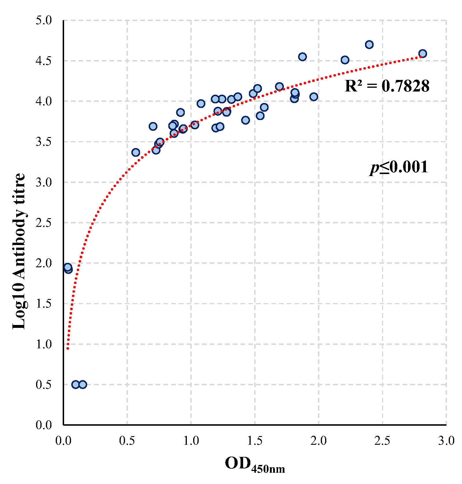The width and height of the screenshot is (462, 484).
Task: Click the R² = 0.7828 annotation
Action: (387, 86)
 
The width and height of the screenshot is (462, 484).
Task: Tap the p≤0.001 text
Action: (399, 167)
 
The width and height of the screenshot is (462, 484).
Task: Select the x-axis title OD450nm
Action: (255, 464)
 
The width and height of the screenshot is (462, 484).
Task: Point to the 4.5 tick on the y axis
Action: (44, 61)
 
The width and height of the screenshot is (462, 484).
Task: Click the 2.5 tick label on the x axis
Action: (382, 441)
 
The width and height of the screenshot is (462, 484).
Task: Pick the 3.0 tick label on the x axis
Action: (446, 441)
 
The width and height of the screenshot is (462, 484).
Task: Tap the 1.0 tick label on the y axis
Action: (44, 344)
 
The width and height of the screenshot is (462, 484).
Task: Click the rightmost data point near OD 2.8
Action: (422, 54)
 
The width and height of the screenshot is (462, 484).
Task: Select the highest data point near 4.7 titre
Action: (369, 45)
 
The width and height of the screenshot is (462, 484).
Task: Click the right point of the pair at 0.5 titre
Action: (83, 384)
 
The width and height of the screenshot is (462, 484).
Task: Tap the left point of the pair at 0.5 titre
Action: (76, 384)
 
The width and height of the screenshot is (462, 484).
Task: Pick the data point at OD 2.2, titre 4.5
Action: (345, 60)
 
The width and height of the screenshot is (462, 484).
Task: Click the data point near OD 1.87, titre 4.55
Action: (302, 57)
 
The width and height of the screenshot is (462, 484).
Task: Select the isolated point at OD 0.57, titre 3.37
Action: (136, 152)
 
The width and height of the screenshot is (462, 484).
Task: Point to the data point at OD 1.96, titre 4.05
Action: (314, 97)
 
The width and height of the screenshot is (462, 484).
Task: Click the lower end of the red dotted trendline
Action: (68, 349)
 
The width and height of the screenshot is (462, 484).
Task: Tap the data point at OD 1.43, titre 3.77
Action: (245, 120)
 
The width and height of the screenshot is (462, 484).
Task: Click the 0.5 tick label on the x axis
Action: (127, 441)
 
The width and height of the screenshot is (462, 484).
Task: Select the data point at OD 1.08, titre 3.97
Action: (201, 104)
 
